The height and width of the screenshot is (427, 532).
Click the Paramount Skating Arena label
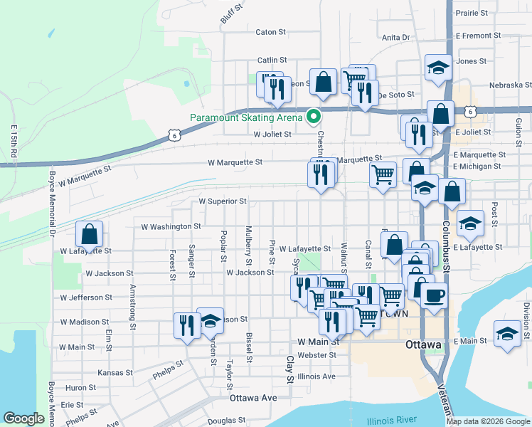pyautogui.click(x=246, y=117)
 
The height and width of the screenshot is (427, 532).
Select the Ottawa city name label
pyautogui.click(x=424, y=345)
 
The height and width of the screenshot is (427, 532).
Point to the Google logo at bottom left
pyautogui.click(x=23, y=418)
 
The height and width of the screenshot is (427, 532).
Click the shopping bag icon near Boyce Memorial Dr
pyautogui.click(x=90, y=234)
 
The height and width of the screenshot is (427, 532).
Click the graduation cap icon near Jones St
pyautogui.click(x=438, y=68)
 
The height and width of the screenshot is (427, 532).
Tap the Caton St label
pyautogui.click(x=270, y=32)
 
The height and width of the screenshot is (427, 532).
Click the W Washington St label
pyautogui.click(x=166, y=226)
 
